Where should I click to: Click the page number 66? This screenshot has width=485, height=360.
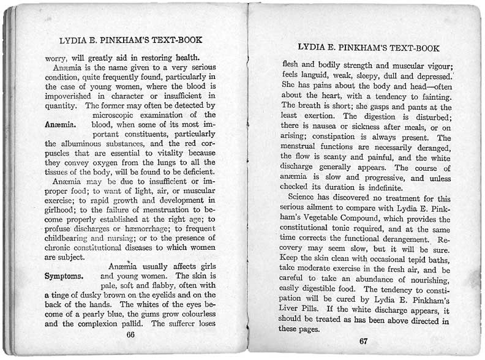tap(130, 335)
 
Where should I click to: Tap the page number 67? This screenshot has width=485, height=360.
tap(363, 340)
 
